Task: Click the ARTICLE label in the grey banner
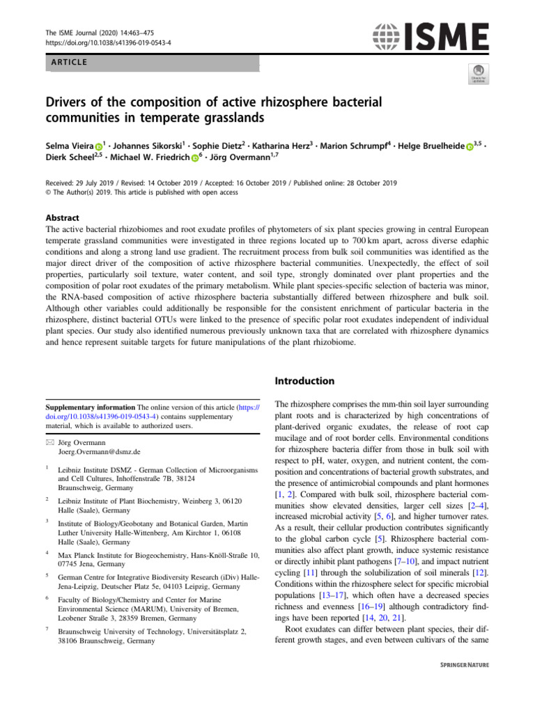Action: [x=68, y=63]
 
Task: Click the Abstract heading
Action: [x=63, y=218]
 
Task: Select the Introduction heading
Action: [x=305, y=381]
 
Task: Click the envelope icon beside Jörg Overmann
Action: [x=48, y=442]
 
